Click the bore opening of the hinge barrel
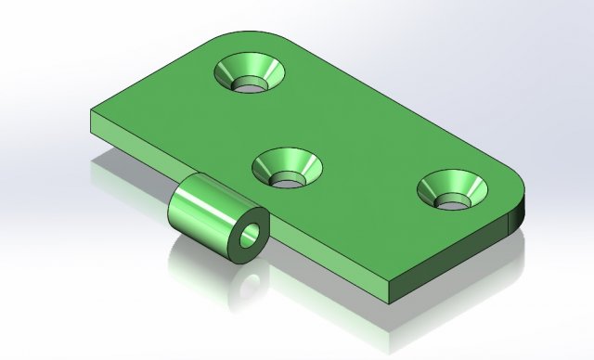click(x=250, y=235)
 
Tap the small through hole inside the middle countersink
click(x=289, y=176)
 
